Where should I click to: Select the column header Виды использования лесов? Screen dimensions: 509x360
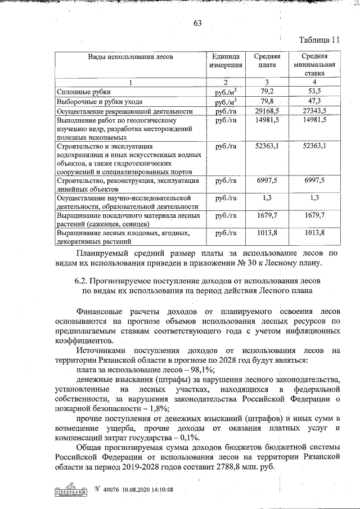point(130,57)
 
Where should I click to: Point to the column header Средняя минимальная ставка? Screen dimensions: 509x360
point(314,65)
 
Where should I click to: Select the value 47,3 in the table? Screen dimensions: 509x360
point(314,101)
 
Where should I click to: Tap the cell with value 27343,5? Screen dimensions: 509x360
point(314,111)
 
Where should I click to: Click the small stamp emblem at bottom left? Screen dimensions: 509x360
point(71,489)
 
